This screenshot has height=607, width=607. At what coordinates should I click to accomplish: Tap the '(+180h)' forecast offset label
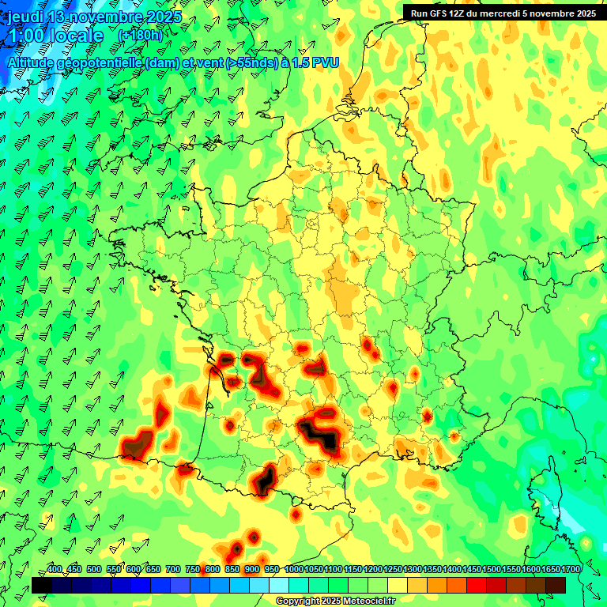point(141,36)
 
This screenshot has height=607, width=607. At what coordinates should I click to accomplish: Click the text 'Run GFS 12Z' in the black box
point(437,13)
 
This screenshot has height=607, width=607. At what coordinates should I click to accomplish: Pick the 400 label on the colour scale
point(54,569)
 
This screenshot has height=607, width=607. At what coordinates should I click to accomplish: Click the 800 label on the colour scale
point(213,569)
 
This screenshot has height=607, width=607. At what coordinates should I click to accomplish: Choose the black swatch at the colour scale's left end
point(41,585)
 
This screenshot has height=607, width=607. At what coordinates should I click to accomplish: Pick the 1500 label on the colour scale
point(492,569)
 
